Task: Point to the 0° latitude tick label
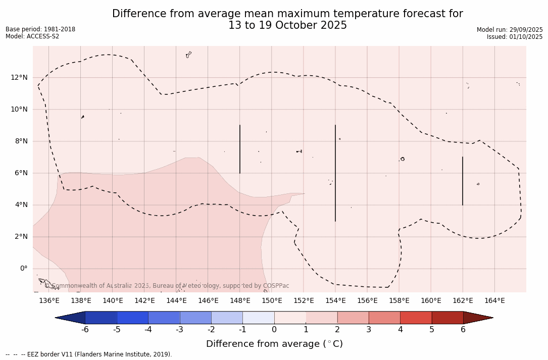click(x=23, y=269)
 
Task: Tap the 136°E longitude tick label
click(x=49, y=301)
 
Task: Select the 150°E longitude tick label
click(x=272, y=301)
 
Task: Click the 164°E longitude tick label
click(x=494, y=301)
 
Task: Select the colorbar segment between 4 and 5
click(x=416, y=318)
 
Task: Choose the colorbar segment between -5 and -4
click(x=132, y=318)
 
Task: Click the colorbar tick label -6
click(x=85, y=330)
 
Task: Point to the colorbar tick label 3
click(x=369, y=330)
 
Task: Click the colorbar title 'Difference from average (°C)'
click(x=274, y=344)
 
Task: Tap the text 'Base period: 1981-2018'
click(x=40, y=29)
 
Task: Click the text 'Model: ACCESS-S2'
click(x=32, y=36)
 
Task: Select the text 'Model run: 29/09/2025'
click(x=510, y=30)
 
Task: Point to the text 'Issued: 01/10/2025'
click(x=515, y=37)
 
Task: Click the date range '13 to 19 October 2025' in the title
click(x=287, y=25)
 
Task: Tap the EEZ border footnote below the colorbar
click(x=89, y=354)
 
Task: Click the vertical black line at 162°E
click(x=462, y=181)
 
